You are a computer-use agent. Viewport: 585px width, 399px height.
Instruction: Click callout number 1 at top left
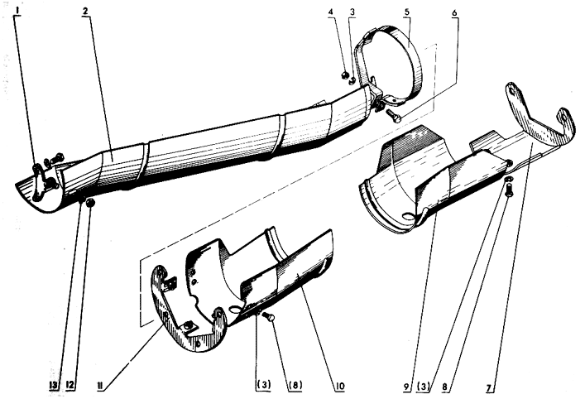(18, 12)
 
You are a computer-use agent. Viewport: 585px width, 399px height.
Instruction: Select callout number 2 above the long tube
(85, 11)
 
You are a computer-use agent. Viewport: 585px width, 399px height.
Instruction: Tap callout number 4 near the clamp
(330, 12)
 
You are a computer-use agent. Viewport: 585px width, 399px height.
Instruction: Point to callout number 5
(406, 12)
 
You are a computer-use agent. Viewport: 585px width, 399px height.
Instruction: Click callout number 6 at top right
(454, 12)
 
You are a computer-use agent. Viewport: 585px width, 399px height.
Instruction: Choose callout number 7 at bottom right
(489, 387)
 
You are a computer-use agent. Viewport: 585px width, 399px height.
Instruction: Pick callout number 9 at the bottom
(406, 387)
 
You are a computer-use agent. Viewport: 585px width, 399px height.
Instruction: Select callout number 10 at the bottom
(340, 386)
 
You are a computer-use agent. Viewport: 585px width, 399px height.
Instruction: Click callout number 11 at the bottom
(100, 386)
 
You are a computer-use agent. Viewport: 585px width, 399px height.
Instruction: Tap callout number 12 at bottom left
(70, 386)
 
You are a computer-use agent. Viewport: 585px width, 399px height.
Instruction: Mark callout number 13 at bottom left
(55, 386)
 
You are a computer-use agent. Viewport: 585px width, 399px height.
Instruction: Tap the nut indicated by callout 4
(344, 76)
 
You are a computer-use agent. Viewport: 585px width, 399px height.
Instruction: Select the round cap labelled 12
(90, 204)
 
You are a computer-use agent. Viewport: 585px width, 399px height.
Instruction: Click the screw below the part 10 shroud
(269, 317)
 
